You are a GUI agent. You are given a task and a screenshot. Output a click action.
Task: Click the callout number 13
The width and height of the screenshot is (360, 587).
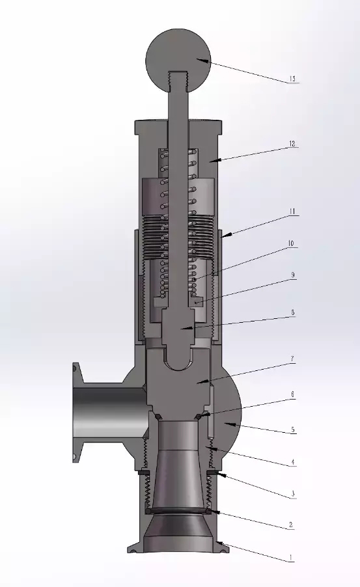292,79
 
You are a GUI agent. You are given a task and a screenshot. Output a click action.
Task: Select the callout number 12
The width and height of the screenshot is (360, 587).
293,144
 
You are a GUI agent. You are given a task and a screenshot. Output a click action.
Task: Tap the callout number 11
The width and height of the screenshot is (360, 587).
293,212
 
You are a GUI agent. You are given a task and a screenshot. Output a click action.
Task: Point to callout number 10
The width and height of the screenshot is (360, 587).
292,244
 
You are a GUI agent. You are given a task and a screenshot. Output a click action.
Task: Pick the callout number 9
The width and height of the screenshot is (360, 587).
293,275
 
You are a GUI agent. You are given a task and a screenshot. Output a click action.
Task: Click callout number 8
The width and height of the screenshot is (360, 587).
293,312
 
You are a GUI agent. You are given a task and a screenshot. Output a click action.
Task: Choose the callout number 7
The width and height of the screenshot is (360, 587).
293,359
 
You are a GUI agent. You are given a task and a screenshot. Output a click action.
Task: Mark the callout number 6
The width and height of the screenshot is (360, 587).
293,394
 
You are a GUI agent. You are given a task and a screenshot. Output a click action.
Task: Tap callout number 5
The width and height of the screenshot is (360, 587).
293,430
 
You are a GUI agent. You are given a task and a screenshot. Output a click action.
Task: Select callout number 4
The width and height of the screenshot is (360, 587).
293,463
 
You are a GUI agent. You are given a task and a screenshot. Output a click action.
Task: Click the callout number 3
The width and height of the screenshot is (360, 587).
293,495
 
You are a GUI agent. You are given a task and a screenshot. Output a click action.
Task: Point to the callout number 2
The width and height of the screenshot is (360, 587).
293,525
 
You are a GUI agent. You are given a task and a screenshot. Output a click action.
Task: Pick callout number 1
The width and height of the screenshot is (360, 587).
293,558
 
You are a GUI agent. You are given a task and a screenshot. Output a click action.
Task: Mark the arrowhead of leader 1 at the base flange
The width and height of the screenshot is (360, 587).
218,542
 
